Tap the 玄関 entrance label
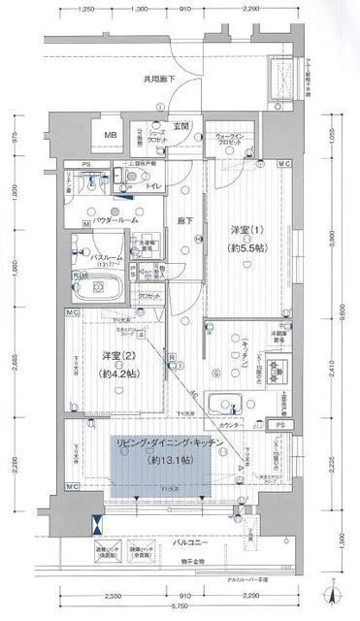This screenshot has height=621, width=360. pos(181,126)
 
